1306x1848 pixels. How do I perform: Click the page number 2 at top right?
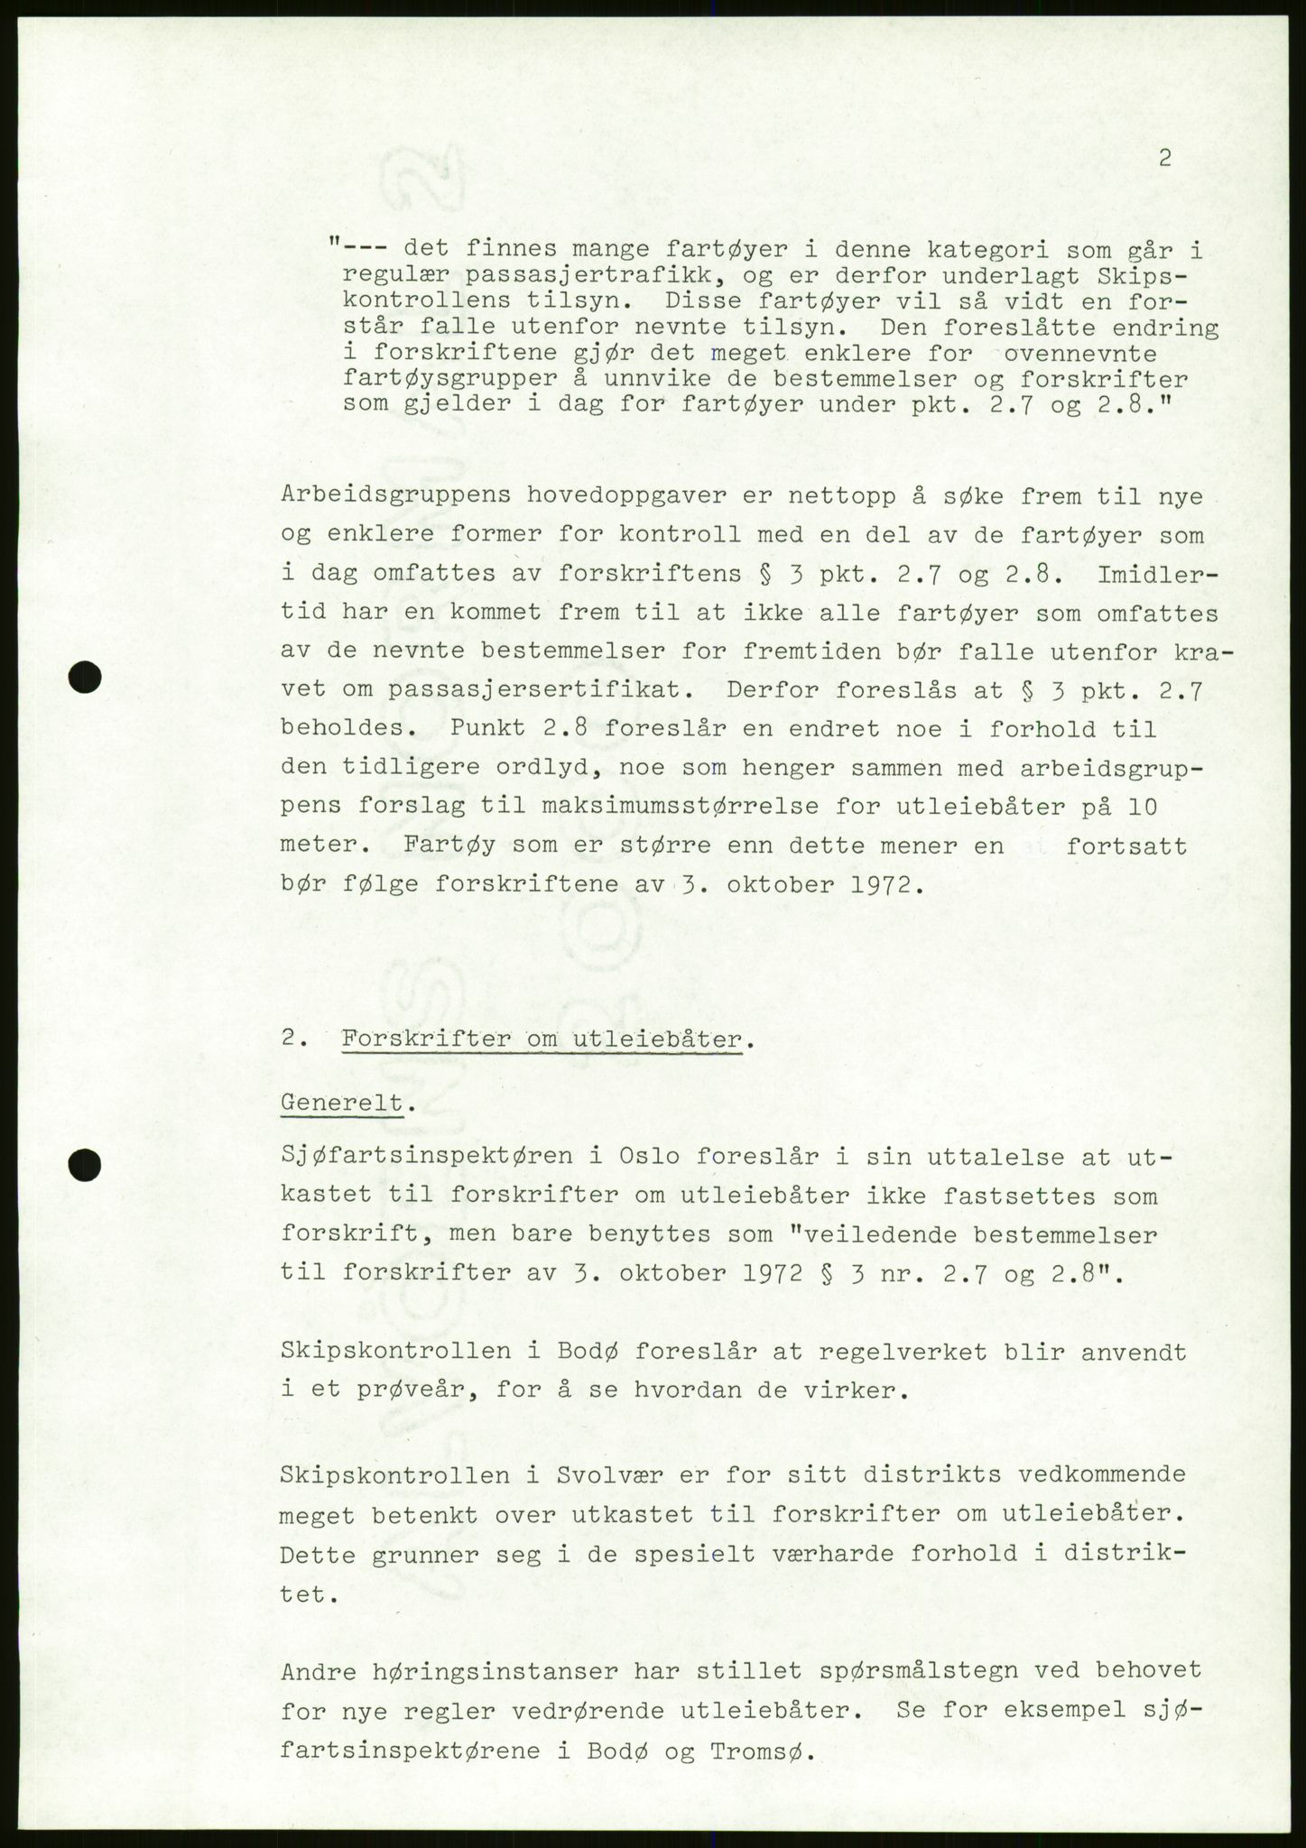coord(1164,159)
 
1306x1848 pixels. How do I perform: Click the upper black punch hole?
coord(86,677)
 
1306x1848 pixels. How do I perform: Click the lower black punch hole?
coord(86,1164)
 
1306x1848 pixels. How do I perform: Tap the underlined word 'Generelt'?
coord(341,1103)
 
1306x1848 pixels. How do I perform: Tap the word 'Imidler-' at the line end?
coord(1157,574)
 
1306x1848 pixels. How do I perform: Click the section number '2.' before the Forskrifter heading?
coord(296,1039)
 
